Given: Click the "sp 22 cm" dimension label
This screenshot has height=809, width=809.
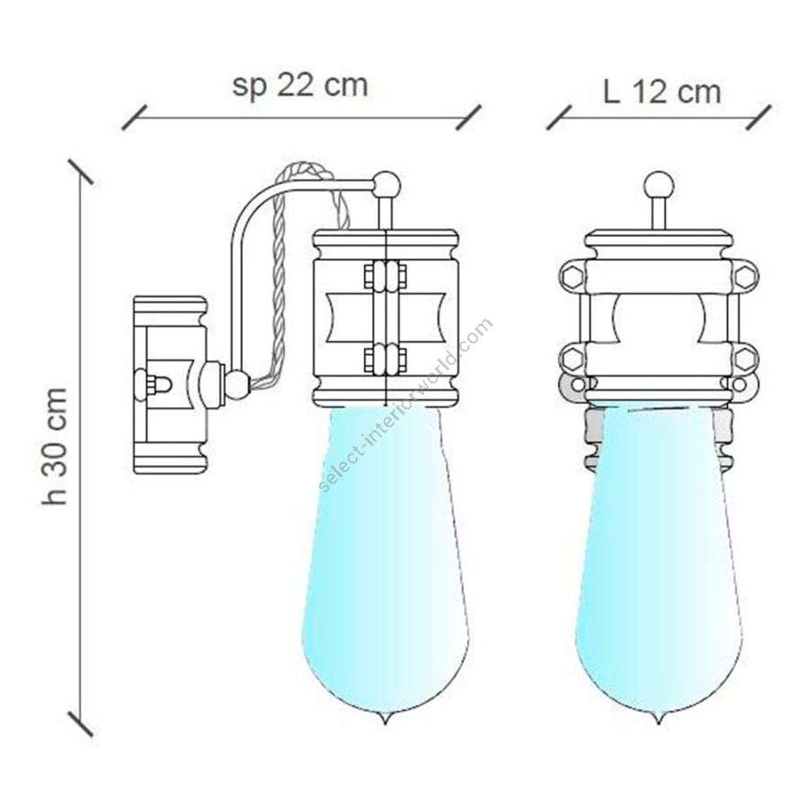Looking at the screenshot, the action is (x=299, y=85).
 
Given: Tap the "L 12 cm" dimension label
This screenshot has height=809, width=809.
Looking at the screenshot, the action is (x=662, y=93).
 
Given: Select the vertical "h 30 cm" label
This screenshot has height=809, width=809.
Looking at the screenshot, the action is (x=55, y=446).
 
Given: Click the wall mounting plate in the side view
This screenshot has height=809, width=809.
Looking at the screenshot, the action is (x=170, y=385).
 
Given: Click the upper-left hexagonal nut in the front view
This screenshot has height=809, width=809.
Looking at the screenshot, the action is (x=571, y=277).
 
